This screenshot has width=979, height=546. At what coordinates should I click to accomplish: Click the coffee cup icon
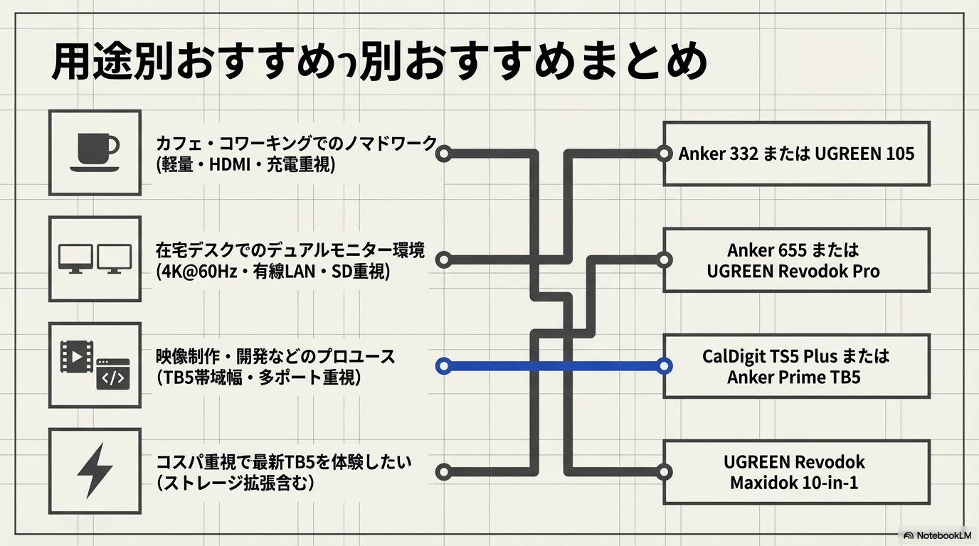(x=95, y=152)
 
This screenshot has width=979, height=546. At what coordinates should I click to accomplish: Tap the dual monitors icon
(x=95, y=259)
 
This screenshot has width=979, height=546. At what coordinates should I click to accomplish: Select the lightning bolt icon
(x=95, y=470)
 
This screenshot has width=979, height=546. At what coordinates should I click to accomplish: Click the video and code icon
(x=95, y=365)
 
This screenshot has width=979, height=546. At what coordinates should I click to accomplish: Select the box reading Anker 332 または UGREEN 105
(x=796, y=154)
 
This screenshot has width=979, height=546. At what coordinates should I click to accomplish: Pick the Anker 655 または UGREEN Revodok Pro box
(x=796, y=260)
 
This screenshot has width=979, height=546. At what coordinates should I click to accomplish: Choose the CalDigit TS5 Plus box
(x=796, y=365)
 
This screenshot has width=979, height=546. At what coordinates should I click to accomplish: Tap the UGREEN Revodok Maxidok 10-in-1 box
(x=796, y=471)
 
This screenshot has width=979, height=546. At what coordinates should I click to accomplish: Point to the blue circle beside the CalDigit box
(x=664, y=366)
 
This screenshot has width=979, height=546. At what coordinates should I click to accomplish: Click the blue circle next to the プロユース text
(x=443, y=366)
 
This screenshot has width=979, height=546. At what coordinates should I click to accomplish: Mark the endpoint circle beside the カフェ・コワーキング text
(x=443, y=153)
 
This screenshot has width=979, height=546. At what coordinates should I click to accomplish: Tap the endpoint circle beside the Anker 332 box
(x=664, y=153)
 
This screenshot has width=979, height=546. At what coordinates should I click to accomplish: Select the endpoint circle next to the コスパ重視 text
(x=443, y=471)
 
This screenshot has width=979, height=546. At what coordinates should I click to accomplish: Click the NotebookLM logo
(x=937, y=535)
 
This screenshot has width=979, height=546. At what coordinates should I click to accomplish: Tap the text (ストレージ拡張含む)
(x=235, y=483)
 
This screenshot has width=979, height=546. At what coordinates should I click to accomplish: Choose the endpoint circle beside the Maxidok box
(x=664, y=471)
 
